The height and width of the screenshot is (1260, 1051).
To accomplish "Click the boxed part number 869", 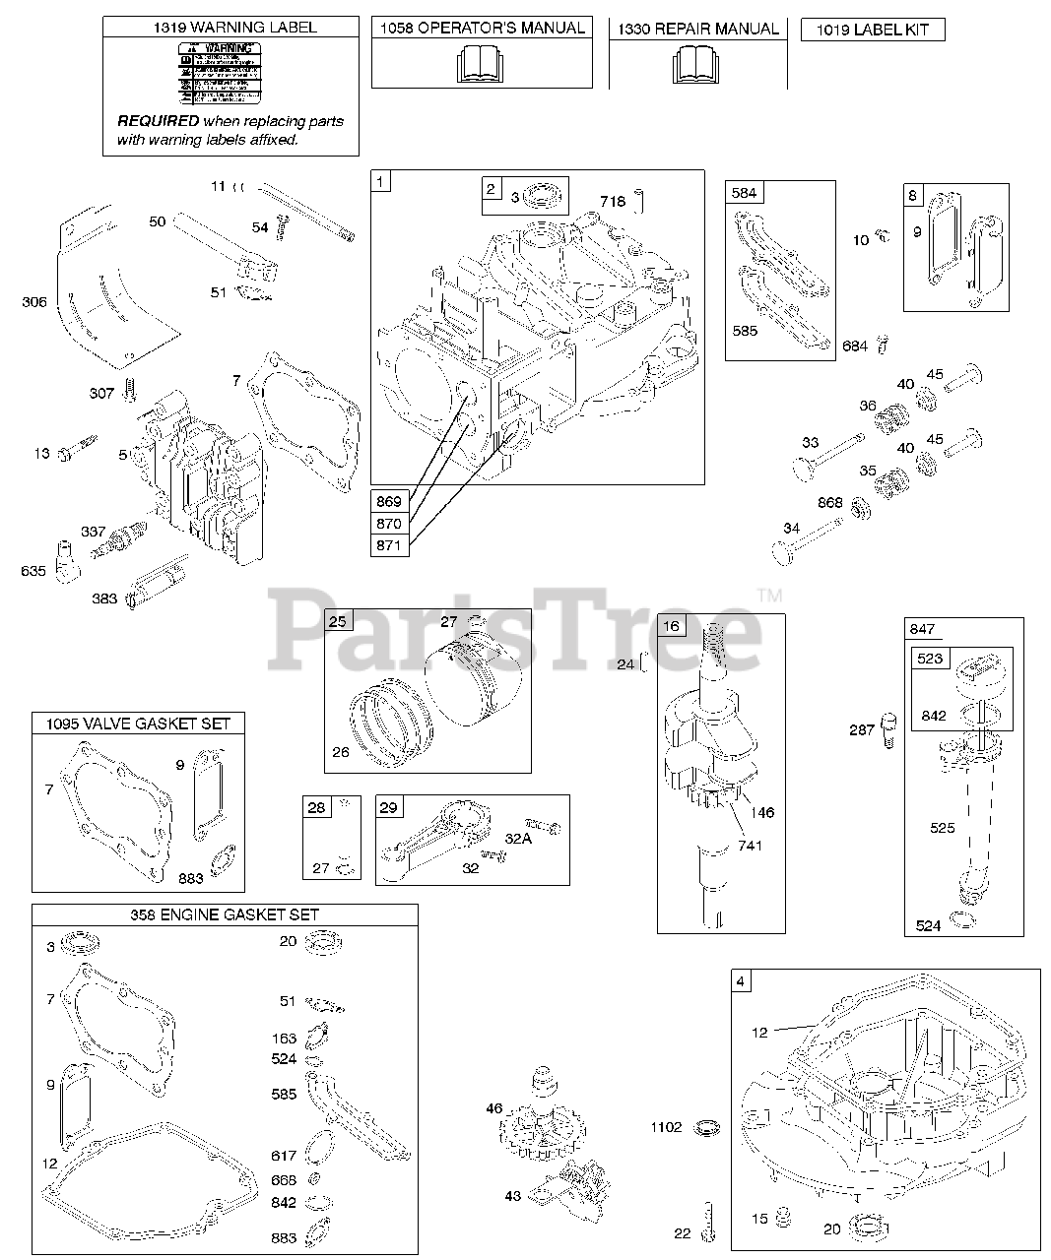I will [389, 501].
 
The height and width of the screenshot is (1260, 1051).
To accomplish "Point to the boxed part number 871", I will [389, 545].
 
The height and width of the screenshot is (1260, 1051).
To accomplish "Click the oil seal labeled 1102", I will [706, 1126].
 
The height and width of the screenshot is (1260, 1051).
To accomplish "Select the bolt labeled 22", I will [707, 1221].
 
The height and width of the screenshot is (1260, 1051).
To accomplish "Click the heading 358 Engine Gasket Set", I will [225, 914].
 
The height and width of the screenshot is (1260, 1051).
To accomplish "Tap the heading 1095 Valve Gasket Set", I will [138, 724].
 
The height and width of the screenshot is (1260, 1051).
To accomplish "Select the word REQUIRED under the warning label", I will [158, 121].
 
